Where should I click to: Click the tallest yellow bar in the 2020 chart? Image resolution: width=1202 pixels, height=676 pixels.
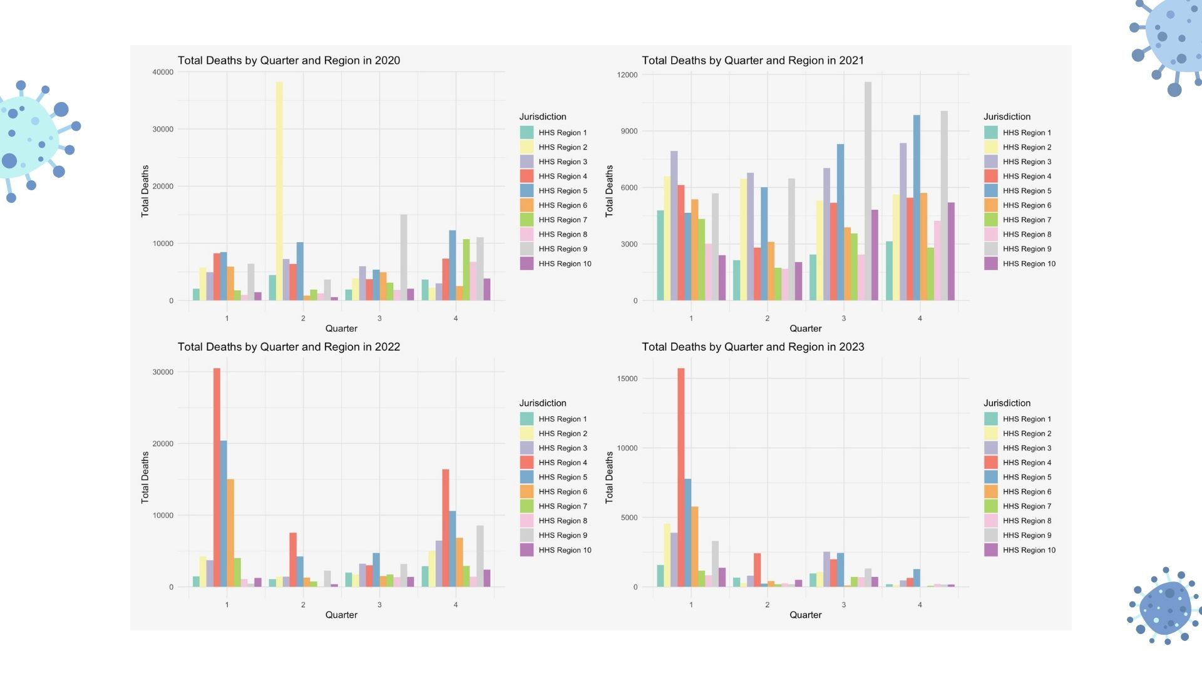(279, 191)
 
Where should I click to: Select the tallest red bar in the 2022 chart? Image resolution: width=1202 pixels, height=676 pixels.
(217, 477)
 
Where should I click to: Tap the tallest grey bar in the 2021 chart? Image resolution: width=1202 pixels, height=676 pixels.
(868, 191)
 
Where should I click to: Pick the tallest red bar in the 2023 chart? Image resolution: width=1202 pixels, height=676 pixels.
(681, 477)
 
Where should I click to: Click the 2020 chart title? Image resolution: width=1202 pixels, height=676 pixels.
(289, 61)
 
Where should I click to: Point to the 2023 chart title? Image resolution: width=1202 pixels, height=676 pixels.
(753, 347)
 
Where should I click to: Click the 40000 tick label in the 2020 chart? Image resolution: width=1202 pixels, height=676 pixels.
(163, 72)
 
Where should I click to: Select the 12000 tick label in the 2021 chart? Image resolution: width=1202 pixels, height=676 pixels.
(627, 75)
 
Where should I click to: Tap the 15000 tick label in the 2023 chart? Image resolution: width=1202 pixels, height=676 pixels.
(627, 379)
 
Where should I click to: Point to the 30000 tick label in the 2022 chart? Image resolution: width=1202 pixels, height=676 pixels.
(163, 372)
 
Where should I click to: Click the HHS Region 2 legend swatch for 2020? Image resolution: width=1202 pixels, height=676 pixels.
(527, 147)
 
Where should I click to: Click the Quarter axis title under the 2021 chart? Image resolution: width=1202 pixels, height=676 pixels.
(805, 329)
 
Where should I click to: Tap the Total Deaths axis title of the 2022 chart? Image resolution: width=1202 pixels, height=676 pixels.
(145, 478)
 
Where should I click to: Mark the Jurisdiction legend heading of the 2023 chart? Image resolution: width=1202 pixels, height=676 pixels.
(1007, 403)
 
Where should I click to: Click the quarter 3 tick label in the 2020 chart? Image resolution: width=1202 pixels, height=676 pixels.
(379, 319)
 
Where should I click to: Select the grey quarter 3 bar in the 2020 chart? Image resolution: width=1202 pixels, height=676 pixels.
(404, 257)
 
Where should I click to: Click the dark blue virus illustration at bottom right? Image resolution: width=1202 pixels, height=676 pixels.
(1166, 606)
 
